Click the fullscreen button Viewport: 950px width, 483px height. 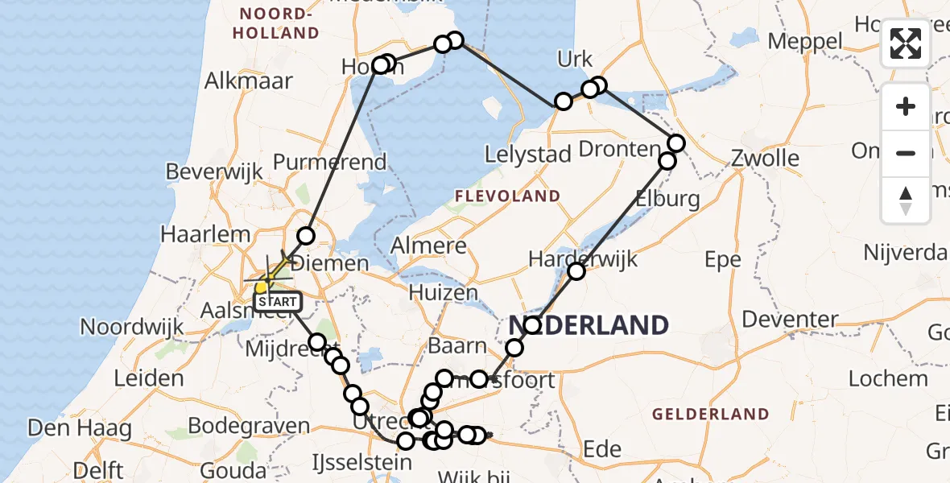(x=906, y=43)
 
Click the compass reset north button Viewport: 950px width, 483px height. (x=906, y=200)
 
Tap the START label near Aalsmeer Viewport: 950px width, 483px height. (x=278, y=302)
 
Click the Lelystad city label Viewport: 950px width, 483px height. (x=528, y=155)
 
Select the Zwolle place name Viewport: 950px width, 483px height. (x=765, y=158)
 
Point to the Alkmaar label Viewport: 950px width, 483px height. (x=249, y=80)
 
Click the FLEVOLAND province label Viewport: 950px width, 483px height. (x=507, y=196)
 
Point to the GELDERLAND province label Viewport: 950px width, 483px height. (x=711, y=415)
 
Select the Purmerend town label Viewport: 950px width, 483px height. (x=329, y=162)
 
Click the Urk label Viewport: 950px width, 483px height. (x=575, y=59)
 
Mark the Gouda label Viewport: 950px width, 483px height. (x=234, y=469)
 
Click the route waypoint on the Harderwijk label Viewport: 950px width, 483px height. (x=576, y=271)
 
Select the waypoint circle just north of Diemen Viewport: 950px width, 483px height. (x=306, y=236)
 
